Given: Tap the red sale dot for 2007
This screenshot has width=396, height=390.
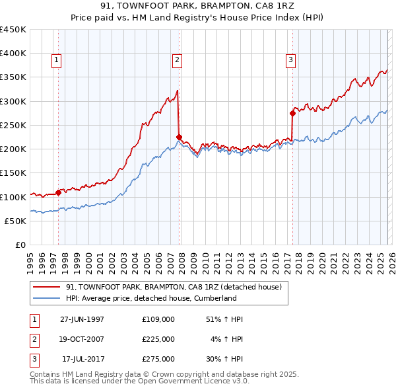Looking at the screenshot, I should click(179, 137).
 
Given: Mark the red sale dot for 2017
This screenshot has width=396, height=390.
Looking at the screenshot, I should click(292, 113).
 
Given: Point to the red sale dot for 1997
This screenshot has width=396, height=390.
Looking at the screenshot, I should click(58, 192).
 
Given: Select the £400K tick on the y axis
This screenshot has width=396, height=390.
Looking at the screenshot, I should click(13, 54).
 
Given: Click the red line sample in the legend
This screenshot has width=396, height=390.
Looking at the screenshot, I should click(47, 288).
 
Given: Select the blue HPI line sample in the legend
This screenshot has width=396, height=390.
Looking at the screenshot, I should click(47, 298).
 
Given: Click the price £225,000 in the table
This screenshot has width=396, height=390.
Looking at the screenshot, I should click(158, 339).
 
